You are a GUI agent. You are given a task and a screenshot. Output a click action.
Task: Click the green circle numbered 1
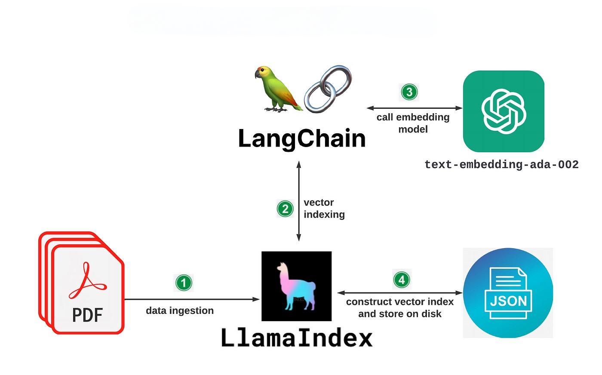pyautogui.click(x=184, y=283)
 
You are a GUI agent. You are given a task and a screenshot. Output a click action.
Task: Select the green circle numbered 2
pyautogui.click(x=285, y=209)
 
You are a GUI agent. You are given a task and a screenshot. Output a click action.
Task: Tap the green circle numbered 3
pyautogui.click(x=409, y=92)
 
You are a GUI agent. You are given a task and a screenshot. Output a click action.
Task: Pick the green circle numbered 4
pyautogui.click(x=402, y=280)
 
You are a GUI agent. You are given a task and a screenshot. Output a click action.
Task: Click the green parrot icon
pyautogui.click(x=277, y=89)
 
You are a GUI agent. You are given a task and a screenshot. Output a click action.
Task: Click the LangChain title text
pyautogui.click(x=302, y=138)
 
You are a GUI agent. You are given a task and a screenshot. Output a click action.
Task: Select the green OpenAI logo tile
pyautogui.click(x=504, y=111)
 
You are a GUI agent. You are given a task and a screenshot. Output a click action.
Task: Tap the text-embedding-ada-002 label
pyautogui.click(x=501, y=165)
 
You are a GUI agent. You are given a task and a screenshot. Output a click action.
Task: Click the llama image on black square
pyautogui.click(x=296, y=286)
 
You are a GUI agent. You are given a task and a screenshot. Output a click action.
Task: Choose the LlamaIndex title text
pyautogui.click(x=297, y=338)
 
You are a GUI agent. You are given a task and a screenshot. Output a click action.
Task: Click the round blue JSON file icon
pyautogui.click(x=508, y=293)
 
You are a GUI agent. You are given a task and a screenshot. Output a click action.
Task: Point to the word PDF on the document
pyautogui.click(x=87, y=315)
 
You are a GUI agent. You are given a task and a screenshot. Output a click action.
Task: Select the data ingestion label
pyautogui.click(x=180, y=310)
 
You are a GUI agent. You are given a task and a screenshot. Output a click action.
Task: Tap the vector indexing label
pyautogui.click(x=324, y=209)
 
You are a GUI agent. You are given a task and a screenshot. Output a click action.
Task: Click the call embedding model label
pyautogui.click(x=413, y=123)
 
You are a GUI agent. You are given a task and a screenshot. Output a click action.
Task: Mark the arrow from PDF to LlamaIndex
pyautogui.click(x=192, y=299)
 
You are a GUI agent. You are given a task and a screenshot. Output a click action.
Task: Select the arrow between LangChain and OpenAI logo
pyautogui.click(x=414, y=108)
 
